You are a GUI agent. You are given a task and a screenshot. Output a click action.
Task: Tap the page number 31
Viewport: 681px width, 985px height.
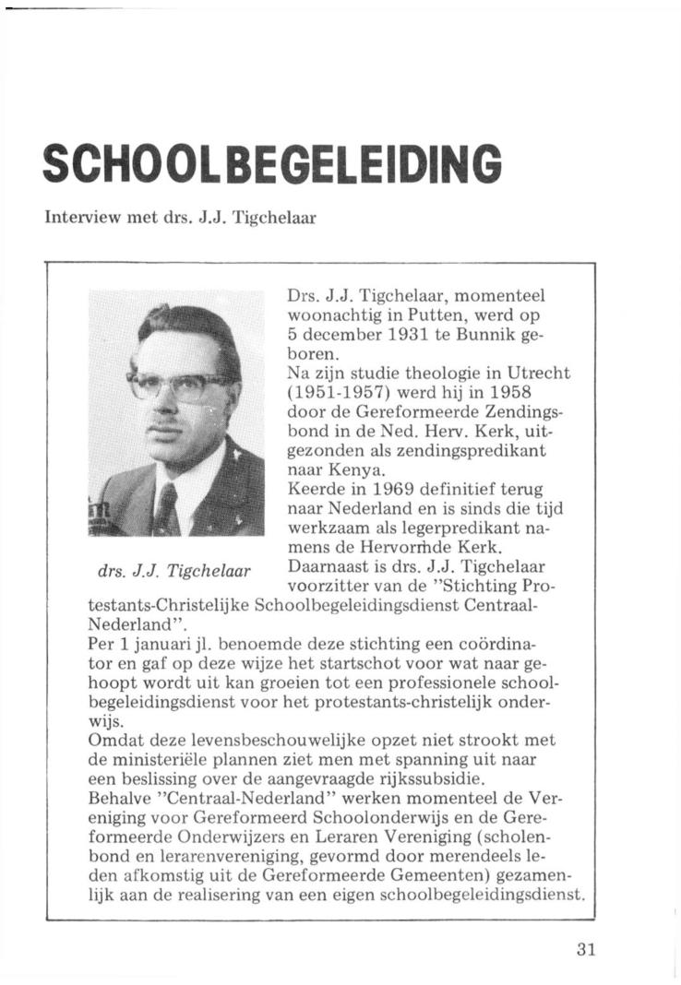point(583,950)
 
